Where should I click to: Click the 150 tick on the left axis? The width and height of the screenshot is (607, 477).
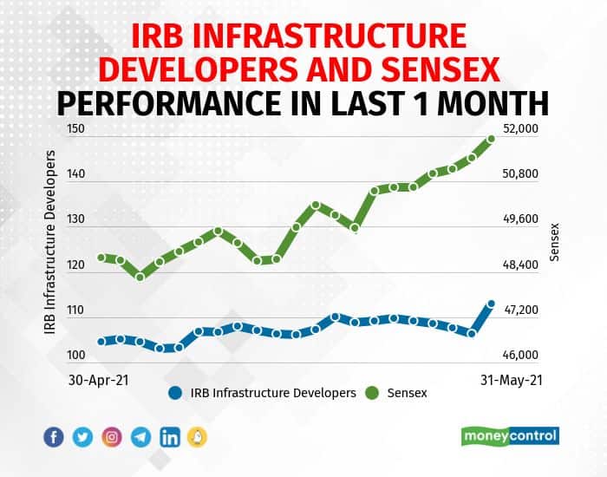pyautogui.click(x=76, y=128)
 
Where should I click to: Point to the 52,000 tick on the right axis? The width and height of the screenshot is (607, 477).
pyautogui.click(x=520, y=128)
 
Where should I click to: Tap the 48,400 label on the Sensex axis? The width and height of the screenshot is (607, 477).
pyautogui.click(x=520, y=265)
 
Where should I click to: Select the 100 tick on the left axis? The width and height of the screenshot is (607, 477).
pyautogui.click(x=76, y=355)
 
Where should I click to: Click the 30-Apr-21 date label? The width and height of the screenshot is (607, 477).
pyautogui.click(x=98, y=380)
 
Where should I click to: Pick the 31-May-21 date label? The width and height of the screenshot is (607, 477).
pyautogui.click(x=512, y=380)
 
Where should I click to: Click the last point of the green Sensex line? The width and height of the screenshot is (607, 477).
pyautogui.click(x=492, y=139)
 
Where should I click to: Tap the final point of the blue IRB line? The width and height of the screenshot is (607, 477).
pyautogui.click(x=492, y=304)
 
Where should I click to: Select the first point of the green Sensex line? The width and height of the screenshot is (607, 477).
pyautogui.click(x=101, y=258)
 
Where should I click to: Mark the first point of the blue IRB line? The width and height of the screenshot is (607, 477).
pyautogui.click(x=101, y=342)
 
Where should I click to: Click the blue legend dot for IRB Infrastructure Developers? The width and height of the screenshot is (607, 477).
pyautogui.click(x=175, y=393)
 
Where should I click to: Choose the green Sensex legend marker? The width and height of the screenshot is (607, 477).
pyautogui.click(x=372, y=393)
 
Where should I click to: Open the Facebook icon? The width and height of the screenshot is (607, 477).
pyautogui.click(x=54, y=437)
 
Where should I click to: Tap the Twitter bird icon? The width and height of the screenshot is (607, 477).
pyautogui.click(x=82, y=437)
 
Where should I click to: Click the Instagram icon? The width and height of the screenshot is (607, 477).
pyautogui.click(x=112, y=437)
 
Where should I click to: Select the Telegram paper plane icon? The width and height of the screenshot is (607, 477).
pyautogui.click(x=140, y=437)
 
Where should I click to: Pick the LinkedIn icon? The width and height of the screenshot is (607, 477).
pyautogui.click(x=170, y=437)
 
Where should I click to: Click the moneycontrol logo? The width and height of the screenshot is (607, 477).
pyautogui.click(x=510, y=436)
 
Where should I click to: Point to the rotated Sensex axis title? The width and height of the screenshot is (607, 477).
pyautogui.click(x=554, y=242)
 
